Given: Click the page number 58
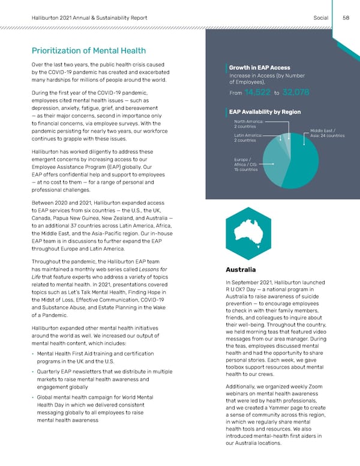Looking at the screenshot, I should click(346, 18).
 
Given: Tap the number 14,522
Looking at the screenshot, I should click(257, 92).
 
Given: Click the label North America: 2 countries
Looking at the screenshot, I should click(248, 124).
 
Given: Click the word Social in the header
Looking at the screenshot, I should click(321, 18).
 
